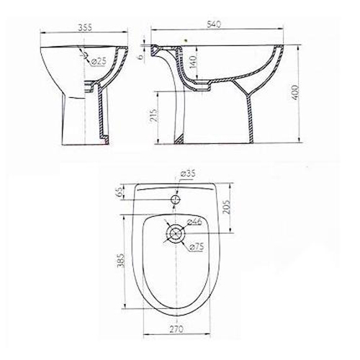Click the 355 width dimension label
tap(85, 28)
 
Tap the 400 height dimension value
tap(296, 93)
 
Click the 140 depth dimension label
tap(193, 62)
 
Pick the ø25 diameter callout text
tap(99, 61)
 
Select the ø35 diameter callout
tap(188, 174)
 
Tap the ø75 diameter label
tap(197, 246)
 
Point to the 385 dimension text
tap(122, 260)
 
